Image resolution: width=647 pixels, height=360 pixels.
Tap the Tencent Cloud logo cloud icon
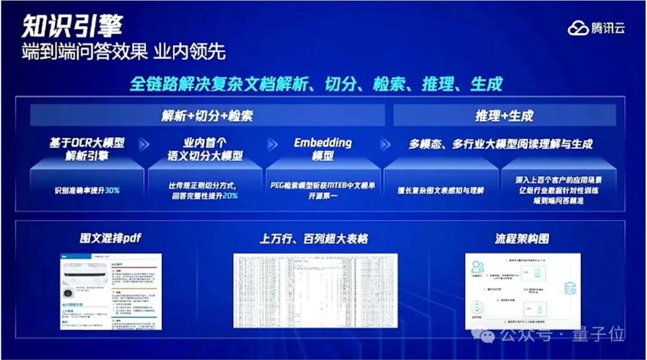(578, 28)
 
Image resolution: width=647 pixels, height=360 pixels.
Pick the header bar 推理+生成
(504, 116)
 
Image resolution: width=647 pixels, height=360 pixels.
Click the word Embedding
(323, 142)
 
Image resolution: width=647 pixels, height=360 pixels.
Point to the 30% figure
(111, 191)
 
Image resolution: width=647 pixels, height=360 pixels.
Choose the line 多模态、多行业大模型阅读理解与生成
(501, 144)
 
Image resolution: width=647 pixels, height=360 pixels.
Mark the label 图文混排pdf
(110, 238)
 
